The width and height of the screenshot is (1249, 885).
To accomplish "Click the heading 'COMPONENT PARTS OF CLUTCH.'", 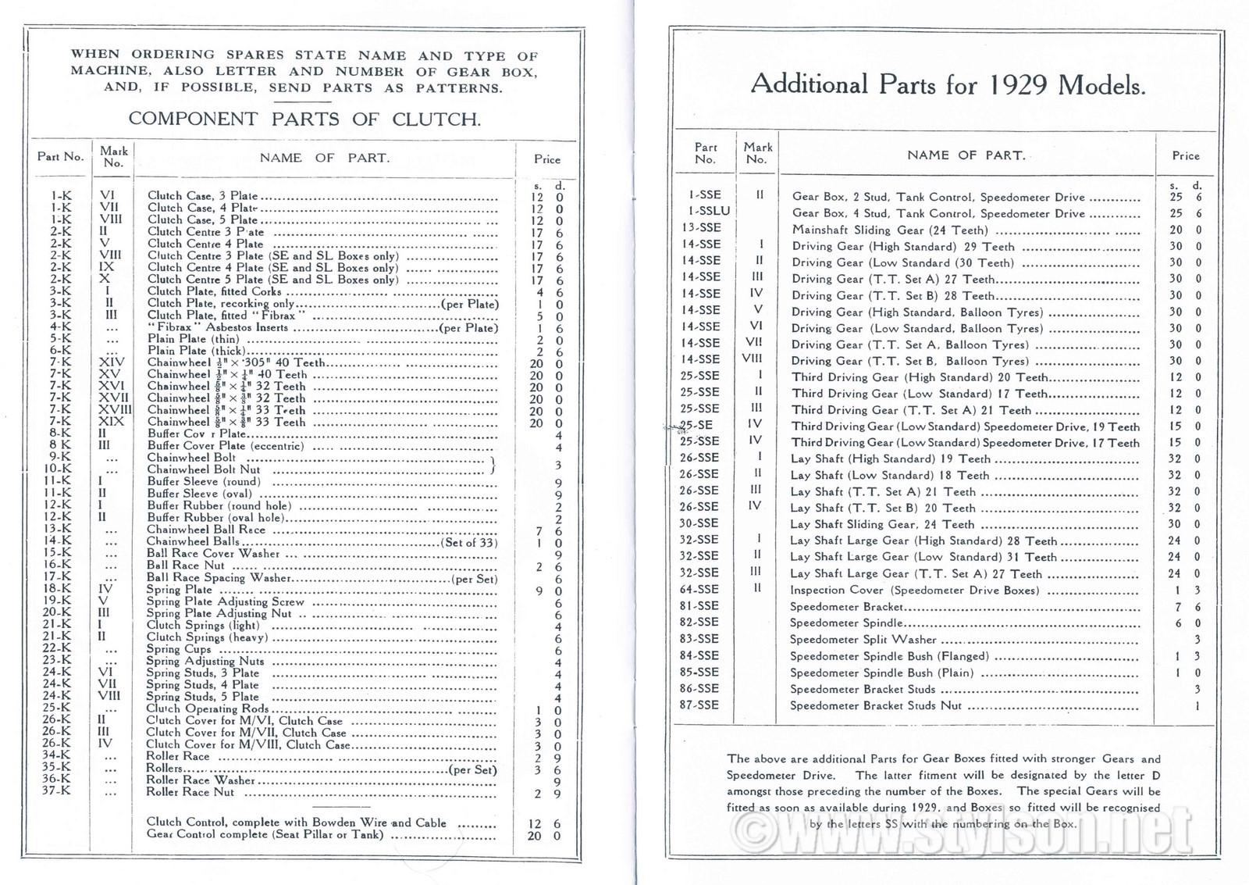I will click(x=304, y=120).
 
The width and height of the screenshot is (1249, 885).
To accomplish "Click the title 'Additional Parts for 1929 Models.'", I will click(x=948, y=84).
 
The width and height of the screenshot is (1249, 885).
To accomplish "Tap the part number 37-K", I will click(x=54, y=791).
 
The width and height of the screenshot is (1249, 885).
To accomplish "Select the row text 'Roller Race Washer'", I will click(x=201, y=780).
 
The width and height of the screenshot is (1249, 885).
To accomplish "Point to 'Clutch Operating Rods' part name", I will click(x=208, y=708).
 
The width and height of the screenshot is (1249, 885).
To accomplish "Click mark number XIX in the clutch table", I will click(x=114, y=422).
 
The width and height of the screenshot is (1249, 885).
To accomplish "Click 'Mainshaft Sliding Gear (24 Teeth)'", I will click(x=890, y=230).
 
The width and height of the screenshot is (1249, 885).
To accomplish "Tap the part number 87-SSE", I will click(x=699, y=705).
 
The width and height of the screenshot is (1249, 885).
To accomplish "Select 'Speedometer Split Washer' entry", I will click(x=863, y=639).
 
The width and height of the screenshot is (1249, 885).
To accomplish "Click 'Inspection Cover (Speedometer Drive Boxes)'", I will click(x=914, y=590).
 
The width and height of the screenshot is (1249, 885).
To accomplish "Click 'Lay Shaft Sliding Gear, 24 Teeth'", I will click(x=882, y=524).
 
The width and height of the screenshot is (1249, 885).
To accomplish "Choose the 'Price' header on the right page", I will click(x=1185, y=155).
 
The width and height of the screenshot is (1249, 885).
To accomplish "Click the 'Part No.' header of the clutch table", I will click(x=60, y=156).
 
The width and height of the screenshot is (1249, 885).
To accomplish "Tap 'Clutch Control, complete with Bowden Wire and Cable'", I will click(x=297, y=822).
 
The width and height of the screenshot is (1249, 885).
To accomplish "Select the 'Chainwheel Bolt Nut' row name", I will click(x=204, y=469).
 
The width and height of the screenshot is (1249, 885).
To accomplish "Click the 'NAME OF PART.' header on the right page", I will click(x=966, y=155).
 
